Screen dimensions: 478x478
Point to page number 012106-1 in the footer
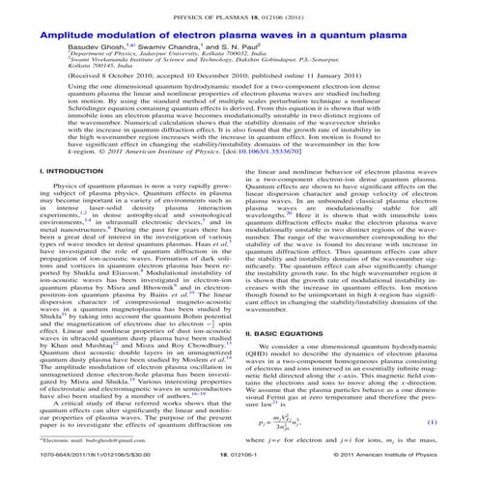[x=239, y=467]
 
